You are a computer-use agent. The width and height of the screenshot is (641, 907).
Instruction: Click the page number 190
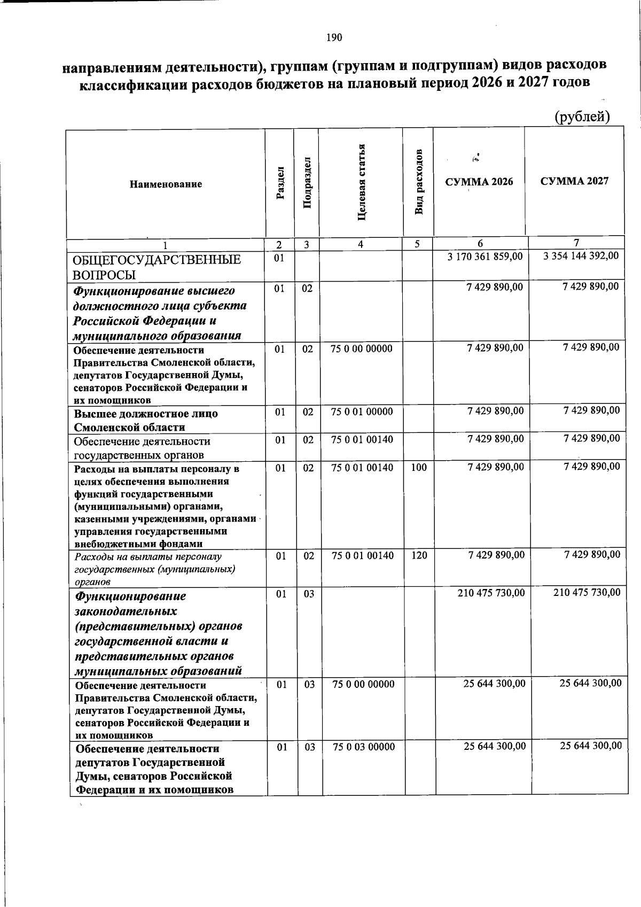(334, 37)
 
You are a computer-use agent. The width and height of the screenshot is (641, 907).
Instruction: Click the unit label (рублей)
(582, 117)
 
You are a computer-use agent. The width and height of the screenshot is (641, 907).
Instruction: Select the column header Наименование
(166, 184)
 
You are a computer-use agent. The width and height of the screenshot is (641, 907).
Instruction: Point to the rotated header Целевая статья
(362, 182)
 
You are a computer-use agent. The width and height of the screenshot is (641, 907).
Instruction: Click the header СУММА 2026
(479, 182)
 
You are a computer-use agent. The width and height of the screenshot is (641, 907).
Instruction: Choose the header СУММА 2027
(574, 181)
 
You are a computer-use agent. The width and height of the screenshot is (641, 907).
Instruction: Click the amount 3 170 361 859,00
(485, 257)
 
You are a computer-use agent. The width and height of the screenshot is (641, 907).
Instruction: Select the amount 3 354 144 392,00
(581, 256)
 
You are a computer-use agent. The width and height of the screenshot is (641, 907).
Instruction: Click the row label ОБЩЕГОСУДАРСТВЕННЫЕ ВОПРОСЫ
(157, 267)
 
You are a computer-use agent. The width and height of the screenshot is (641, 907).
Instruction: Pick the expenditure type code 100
(419, 468)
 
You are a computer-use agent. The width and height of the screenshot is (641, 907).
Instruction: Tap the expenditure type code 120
(419, 556)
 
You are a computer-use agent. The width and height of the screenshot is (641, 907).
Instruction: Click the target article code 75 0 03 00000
(364, 747)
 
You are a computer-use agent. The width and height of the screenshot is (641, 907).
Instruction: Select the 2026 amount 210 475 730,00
(491, 593)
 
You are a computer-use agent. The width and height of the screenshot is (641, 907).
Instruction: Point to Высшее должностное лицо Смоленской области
(146, 421)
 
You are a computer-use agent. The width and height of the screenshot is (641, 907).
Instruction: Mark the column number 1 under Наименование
(165, 245)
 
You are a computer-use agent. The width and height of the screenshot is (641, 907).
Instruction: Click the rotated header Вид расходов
(419, 182)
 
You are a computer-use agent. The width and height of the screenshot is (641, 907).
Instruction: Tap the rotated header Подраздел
(307, 183)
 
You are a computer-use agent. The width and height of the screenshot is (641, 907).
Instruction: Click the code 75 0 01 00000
(362, 412)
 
